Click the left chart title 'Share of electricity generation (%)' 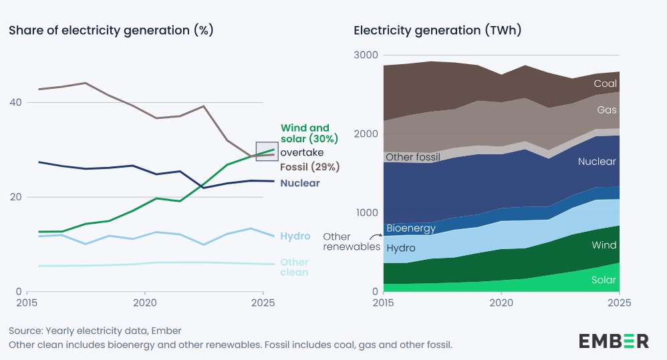coord(110,30)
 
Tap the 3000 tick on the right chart coord(366,55)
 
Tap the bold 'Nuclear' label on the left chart coord(300,183)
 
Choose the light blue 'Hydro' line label coord(295,236)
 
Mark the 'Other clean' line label coord(295,267)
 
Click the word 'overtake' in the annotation coord(302,153)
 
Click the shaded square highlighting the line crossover coord(267,152)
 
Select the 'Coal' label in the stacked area coord(605,84)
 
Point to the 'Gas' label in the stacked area coord(607,110)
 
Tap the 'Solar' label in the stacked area coord(604,281)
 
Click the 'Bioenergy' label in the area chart coord(411,228)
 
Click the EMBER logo coord(613,341)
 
